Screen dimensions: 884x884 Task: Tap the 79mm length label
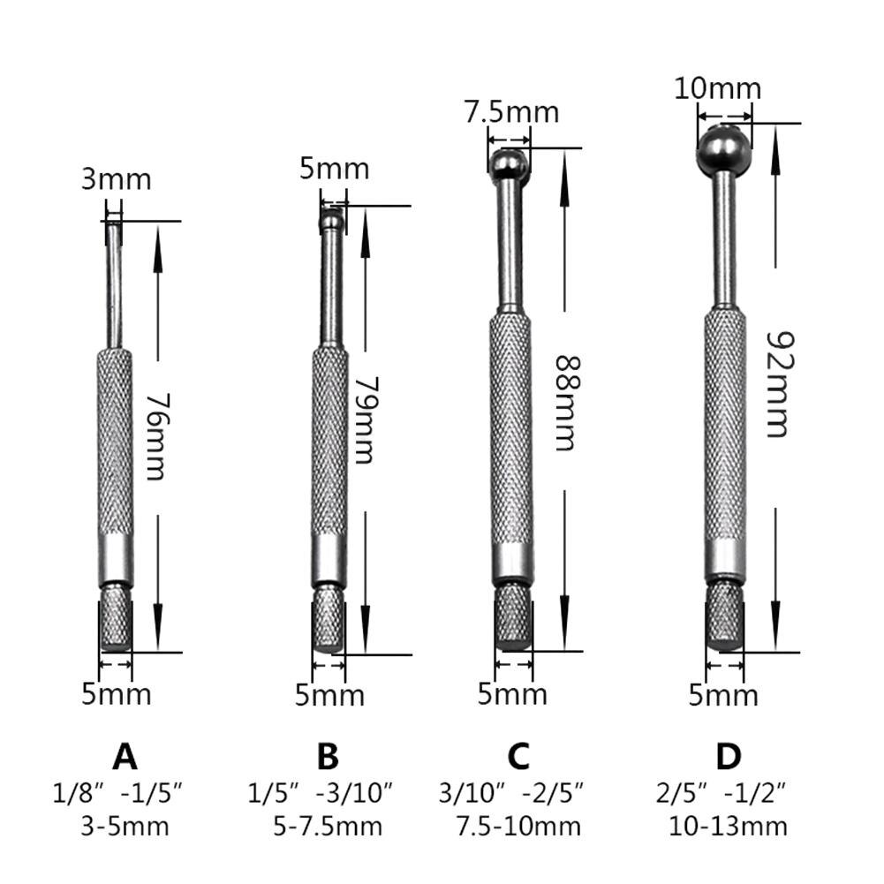point(362,421)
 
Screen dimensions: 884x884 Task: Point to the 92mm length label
point(775,384)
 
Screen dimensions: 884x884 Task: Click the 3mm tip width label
point(117,179)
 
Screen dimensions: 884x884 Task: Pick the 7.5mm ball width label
point(511,112)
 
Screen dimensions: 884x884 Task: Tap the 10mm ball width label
point(717,88)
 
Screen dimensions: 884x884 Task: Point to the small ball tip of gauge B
point(332,218)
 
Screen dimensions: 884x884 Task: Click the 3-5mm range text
point(124,827)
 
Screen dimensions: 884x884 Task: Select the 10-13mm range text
point(728,827)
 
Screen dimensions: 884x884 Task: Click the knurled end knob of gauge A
point(115,623)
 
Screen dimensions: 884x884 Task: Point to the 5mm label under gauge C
point(512,694)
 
